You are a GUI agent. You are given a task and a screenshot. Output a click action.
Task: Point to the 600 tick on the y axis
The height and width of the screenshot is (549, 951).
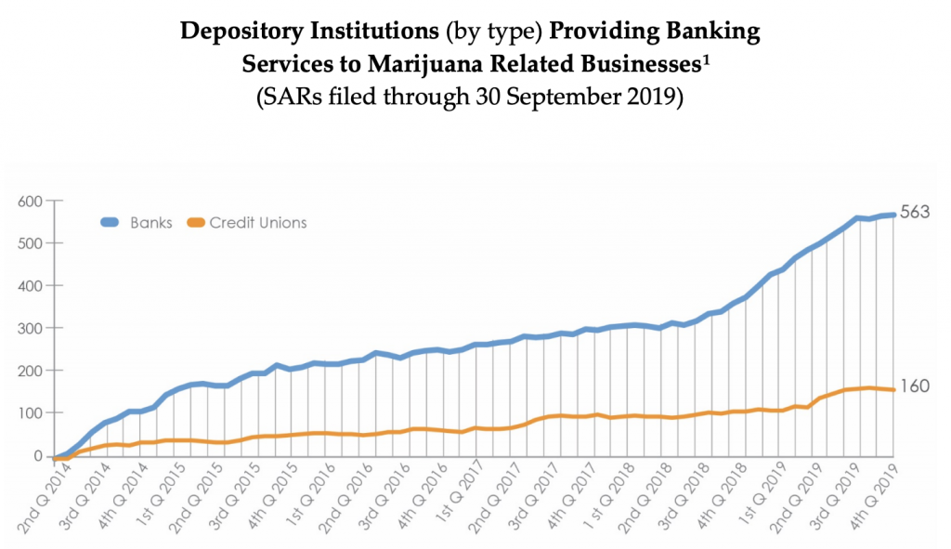[30, 201]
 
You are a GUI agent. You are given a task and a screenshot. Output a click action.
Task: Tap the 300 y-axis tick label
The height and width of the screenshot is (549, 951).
[30, 328]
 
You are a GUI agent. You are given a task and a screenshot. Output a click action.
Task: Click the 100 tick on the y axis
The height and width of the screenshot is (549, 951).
[30, 413]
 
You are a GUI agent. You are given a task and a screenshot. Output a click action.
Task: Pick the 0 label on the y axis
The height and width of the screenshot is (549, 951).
[39, 456]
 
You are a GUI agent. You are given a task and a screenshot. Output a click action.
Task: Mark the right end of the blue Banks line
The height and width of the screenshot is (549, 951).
[892, 215]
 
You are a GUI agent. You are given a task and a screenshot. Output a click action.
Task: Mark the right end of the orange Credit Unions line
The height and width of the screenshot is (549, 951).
[892, 389]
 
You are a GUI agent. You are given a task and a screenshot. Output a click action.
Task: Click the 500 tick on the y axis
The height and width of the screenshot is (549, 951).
[30, 243]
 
